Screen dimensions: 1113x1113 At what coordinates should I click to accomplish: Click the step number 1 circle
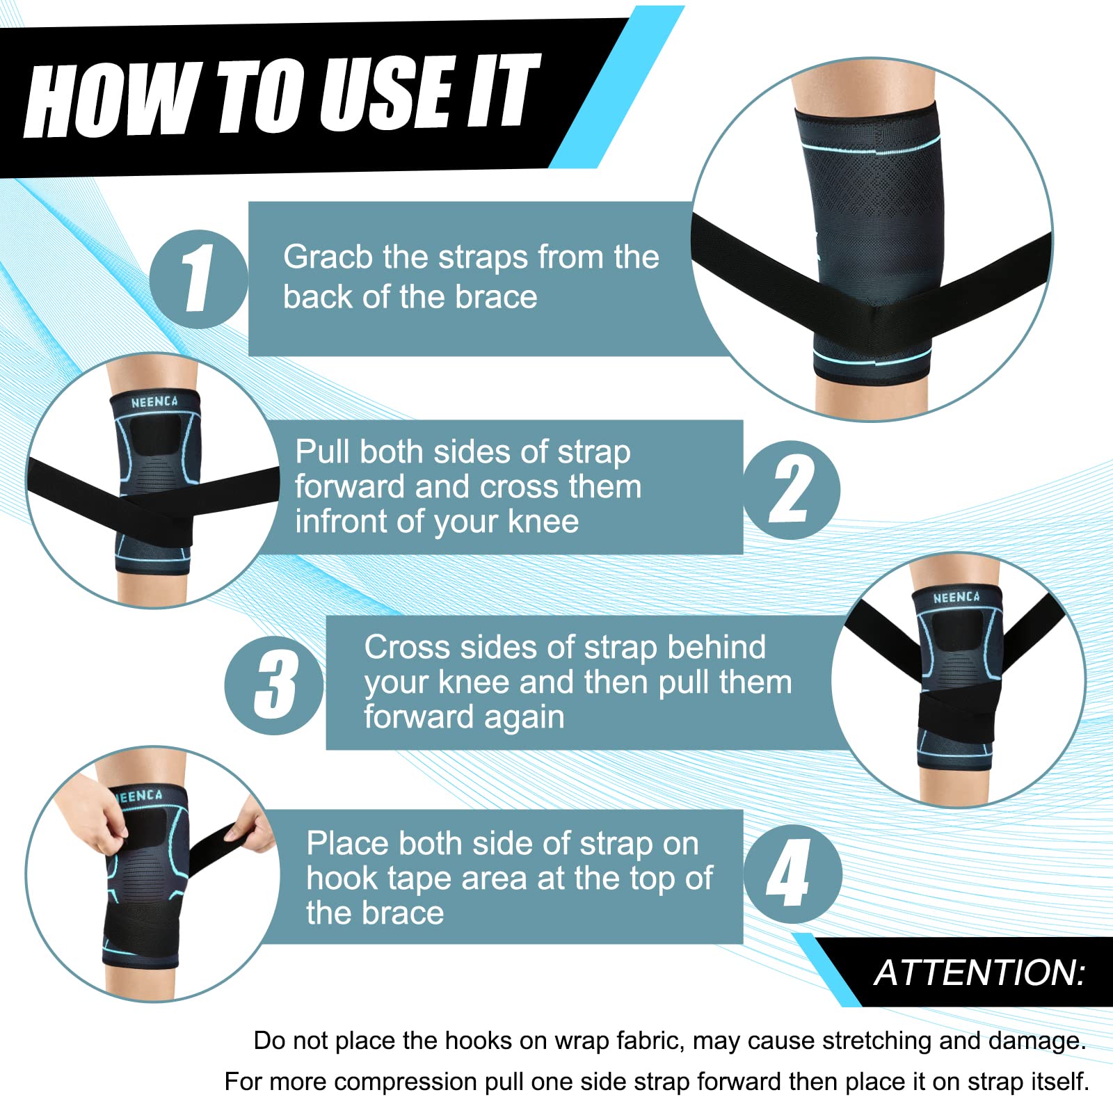coord(199,279)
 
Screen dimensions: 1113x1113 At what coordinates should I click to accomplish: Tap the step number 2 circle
coord(792,490)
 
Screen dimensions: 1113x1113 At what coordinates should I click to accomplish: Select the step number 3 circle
coord(274,685)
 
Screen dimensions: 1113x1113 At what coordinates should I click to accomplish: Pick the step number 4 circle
coord(792,874)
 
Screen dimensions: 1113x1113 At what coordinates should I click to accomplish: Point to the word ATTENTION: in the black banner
coord(979,972)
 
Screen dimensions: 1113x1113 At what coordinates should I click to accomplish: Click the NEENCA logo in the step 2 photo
coord(154,402)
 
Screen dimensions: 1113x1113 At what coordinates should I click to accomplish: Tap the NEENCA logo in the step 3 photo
coord(956,598)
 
